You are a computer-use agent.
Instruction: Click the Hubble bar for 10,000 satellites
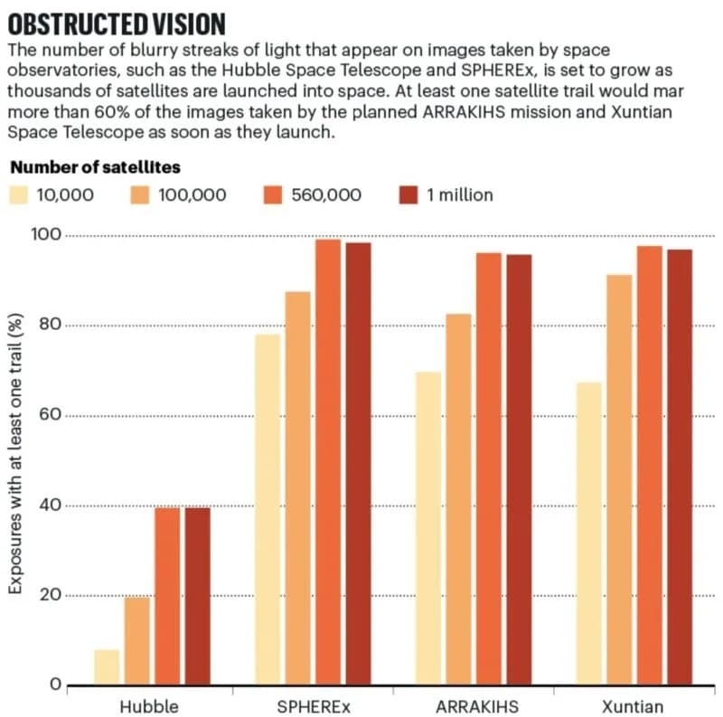coord(107,667)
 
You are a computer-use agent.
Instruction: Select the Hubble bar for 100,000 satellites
coord(137,641)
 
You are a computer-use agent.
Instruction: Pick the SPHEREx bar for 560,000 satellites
coord(328,462)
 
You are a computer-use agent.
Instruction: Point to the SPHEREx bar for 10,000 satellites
coord(268,510)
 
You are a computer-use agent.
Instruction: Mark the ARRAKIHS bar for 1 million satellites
coord(519,469)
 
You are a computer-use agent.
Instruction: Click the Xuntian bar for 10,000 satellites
coord(589,533)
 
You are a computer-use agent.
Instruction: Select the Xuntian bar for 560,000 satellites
coord(649,466)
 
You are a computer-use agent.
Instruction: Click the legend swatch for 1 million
coord(408,194)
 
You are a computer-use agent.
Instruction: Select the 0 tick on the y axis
coord(54,684)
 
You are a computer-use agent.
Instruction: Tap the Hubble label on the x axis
coord(149,706)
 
